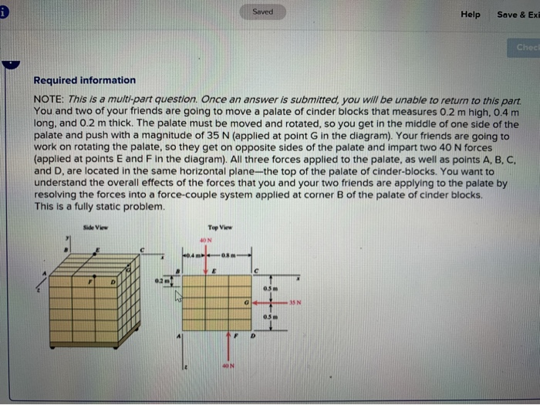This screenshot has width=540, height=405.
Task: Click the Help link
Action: [470, 14]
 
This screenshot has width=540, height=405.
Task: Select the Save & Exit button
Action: [517, 14]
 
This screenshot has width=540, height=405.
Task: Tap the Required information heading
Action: [84, 80]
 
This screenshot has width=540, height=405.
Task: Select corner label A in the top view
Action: [181, 337]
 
